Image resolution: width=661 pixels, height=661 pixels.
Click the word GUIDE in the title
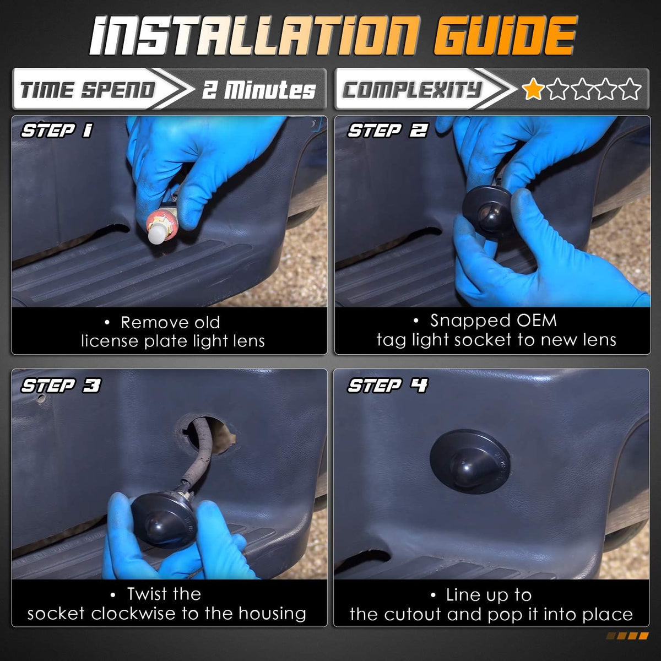[506, 36]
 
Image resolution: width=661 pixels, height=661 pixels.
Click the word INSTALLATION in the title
[254, 36]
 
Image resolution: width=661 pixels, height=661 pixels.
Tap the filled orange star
[533, 89]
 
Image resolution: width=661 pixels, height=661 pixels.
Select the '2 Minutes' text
[259, 90]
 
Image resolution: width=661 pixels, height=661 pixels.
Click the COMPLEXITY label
[413, 90]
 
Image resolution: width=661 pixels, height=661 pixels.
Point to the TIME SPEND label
[88, 90]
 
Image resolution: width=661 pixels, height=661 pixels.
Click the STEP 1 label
[57, 131]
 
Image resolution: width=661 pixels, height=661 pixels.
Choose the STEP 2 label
[388, 131]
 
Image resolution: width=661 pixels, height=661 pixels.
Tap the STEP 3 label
[61, 385]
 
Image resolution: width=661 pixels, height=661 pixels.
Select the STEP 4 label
[388, 385]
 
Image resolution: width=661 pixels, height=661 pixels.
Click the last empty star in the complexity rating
[630, 89]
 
